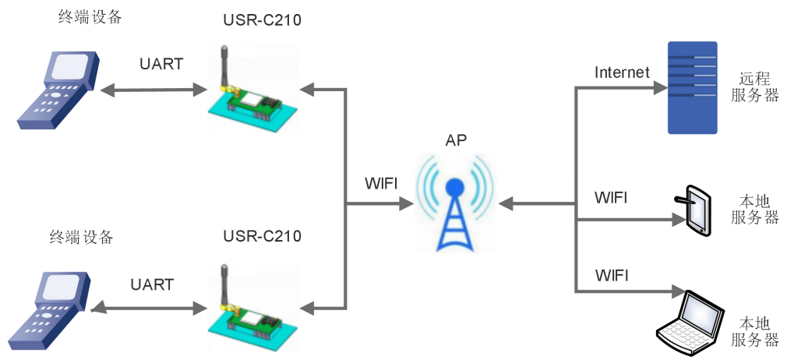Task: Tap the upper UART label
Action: [x=161, y=64]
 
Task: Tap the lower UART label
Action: [x=152, y=284]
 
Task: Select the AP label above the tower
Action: [x=457, y=141]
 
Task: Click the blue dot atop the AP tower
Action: [x=454, y=188]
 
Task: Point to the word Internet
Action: [x=622, y=72]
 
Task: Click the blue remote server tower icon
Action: [x=693, y=88]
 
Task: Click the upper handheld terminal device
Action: [x=59, y=90]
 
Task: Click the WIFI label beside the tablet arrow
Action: [x=611, y=198]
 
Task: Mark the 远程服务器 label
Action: [x=755, y=86]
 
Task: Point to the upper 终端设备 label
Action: [x=91, y=17]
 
